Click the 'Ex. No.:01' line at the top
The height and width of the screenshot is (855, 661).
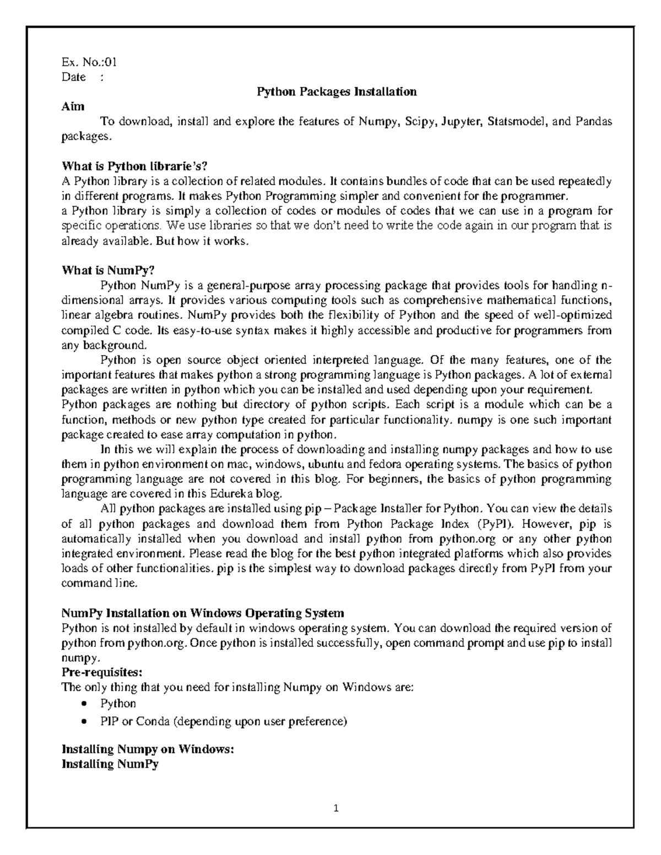click(x=89, y=62)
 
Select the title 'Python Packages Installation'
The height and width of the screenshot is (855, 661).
click(x=337, y=92)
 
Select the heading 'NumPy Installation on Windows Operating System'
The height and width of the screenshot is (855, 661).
click(x=203, y=613)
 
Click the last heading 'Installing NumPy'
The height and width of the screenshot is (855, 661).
click(x=110, y=764)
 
